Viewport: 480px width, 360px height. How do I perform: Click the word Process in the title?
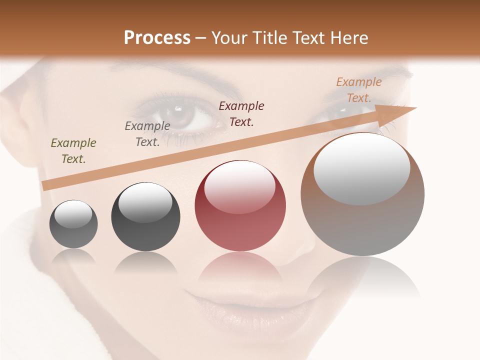coord(157,37)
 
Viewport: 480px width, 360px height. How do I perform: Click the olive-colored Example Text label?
coord(73,151)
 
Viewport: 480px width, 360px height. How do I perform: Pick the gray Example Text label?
coord(147,134)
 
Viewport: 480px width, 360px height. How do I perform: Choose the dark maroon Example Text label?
coord(241,113)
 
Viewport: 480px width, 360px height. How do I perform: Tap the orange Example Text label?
coord(358,90)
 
